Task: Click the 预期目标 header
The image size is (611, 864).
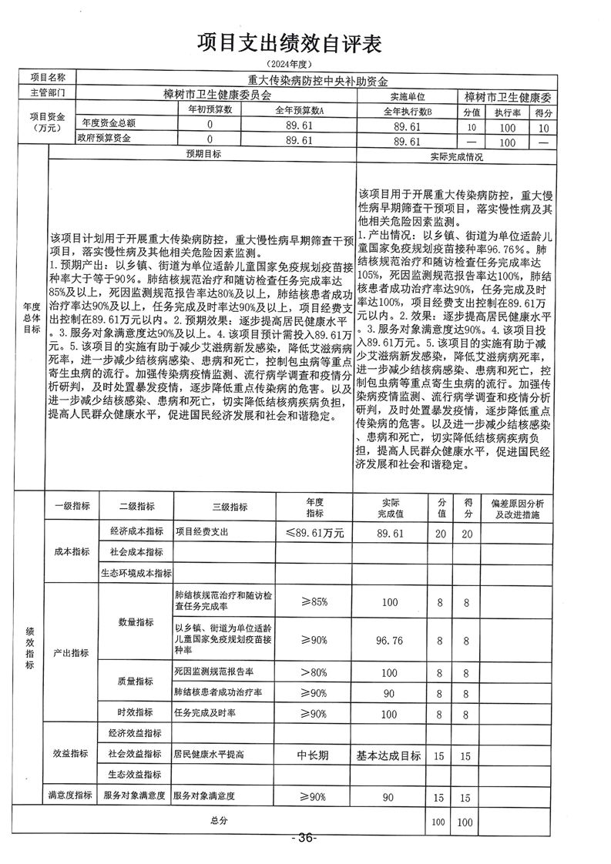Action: tap(203, 155)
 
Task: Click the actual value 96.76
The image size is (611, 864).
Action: tap(389, 639)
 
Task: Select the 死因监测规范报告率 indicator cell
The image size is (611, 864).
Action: tap(214, 672)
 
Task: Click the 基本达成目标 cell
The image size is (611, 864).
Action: tap(389, 755)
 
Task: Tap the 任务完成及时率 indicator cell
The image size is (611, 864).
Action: tap(205, 712)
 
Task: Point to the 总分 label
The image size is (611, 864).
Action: tap(218, 822)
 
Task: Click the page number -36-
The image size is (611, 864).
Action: tap(304, 838)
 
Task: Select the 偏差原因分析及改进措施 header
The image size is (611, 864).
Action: tap(516, 509)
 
